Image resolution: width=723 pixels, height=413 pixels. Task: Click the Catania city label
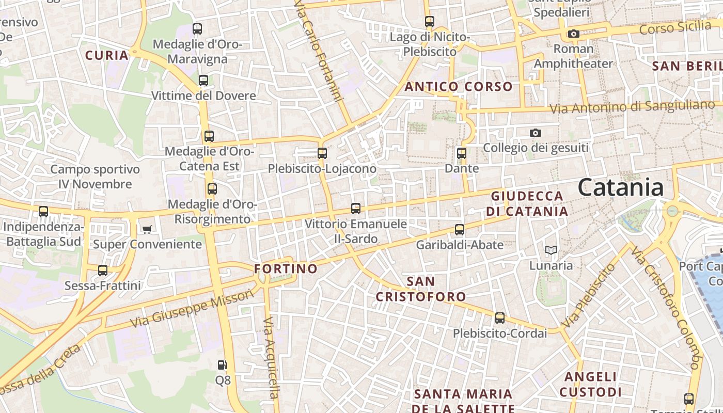[x=620, y=187]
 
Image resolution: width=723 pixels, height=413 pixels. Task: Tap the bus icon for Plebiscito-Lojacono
[x=322, y=153]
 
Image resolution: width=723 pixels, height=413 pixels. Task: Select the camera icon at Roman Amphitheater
[x=573, y=34]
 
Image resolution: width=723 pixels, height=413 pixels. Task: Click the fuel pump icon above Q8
[x=223, y=365]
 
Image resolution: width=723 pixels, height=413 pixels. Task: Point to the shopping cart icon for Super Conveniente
[x=147, y=229]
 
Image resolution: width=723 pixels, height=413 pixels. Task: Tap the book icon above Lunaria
[x=551, y=250]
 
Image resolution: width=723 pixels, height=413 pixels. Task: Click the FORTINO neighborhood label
[x=286, y=268]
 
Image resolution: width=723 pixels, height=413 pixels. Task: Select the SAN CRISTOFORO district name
[x=420, y=289]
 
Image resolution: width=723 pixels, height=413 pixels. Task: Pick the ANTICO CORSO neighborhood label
[x=458, y=86]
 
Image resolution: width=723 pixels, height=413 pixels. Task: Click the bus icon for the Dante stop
[x=462, y=153]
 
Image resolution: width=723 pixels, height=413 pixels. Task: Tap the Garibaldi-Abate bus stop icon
[x=460, y=230]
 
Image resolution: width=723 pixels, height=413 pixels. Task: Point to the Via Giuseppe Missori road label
[x=192, y=308]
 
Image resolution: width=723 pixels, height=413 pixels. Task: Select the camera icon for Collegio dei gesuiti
[x=535, y=133]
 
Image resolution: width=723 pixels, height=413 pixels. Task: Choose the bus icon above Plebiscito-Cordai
[x=499, y=318]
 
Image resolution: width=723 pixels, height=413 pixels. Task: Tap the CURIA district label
[x=106, y=55]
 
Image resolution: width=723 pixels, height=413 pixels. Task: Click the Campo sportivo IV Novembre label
[x=95, y=177]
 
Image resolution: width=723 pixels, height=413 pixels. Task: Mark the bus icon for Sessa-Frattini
[x=103, y=271]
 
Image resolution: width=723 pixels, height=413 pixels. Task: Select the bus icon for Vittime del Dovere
[x=203, y=81]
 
